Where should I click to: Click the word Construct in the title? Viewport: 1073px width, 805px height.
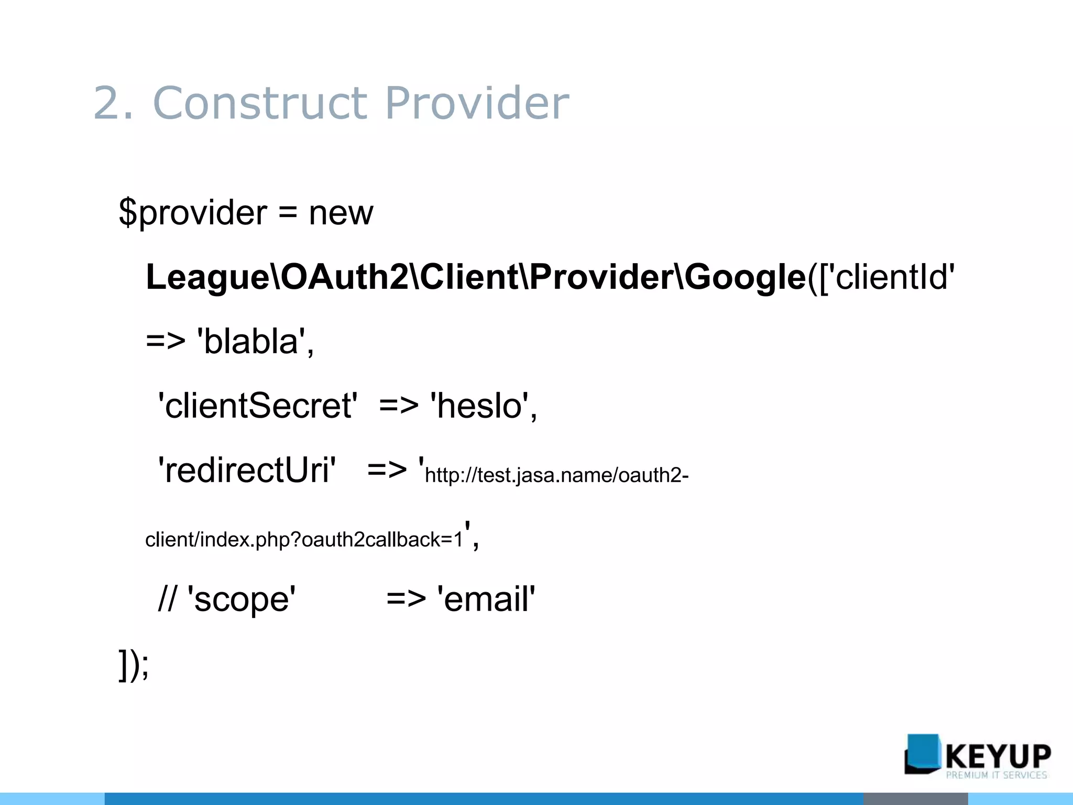[x=260, y=103]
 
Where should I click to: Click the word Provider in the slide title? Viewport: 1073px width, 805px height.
[x=477, y=103]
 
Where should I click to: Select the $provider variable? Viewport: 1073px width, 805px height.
[x=193, y=213]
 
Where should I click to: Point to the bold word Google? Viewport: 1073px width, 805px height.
[x=744, y=278]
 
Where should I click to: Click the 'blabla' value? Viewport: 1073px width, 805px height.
[x=251, y=342]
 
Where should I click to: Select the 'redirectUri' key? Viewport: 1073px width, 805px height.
[x=247, y=470]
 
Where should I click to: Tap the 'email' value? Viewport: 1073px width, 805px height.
[x=486, y=599]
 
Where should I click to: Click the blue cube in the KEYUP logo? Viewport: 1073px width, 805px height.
[x=922, y=754]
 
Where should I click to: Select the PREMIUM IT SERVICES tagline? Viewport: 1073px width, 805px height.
[x=996, y=775]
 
